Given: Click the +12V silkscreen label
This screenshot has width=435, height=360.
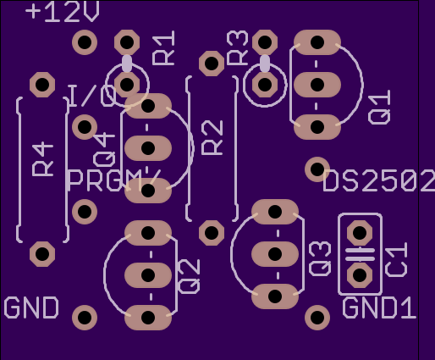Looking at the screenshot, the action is (62, 12).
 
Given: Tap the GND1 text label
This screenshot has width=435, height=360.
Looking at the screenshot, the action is (379, 308).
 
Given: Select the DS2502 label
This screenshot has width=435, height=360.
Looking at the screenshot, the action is (379, 180).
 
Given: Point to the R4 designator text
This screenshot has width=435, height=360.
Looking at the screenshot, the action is (42, 160).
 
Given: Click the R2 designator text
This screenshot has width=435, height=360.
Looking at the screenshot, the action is (212, 138).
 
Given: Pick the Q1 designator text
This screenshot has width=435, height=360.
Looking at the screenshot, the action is (379, 107).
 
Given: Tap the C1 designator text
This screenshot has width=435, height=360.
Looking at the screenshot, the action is (396, 259).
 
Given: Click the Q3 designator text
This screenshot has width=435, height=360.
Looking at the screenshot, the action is (320, 258).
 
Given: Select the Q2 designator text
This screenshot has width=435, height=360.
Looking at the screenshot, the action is (190, 277).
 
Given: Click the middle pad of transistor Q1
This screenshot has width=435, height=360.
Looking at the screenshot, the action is (317, 85).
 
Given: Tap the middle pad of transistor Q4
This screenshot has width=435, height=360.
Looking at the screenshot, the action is (148, 148).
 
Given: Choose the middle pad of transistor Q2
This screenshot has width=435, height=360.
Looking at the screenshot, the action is (148, 275).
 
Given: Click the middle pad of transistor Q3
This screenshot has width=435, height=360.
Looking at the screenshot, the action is (275, 254).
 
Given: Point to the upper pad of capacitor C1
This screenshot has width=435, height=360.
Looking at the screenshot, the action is (360, 233).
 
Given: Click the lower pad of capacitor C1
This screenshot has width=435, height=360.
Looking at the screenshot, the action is (360, 275).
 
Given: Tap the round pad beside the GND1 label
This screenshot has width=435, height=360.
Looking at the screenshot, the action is (317, 318).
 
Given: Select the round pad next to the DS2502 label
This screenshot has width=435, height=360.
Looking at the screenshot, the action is (317, 169).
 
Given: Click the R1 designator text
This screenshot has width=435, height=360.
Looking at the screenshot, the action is (163, 48).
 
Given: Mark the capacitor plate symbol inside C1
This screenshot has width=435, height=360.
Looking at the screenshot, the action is (360, 254).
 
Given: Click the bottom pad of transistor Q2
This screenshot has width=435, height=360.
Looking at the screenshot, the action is (148, 318).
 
